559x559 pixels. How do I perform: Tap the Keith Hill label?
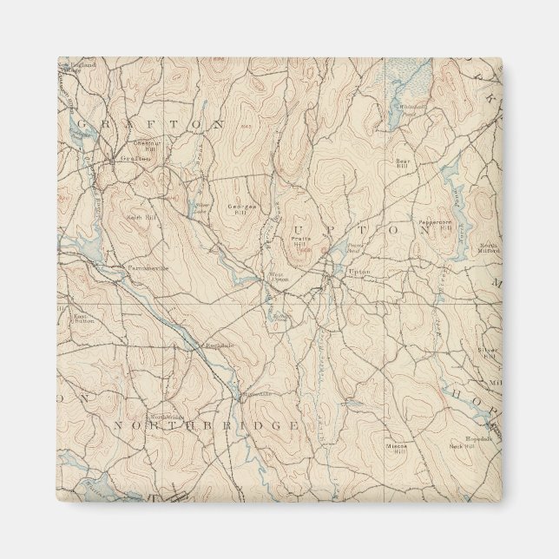(x=141, y=217)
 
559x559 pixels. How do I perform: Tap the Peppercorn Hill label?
(x=437, y=223)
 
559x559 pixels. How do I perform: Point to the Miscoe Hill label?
(x=397, y=447)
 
